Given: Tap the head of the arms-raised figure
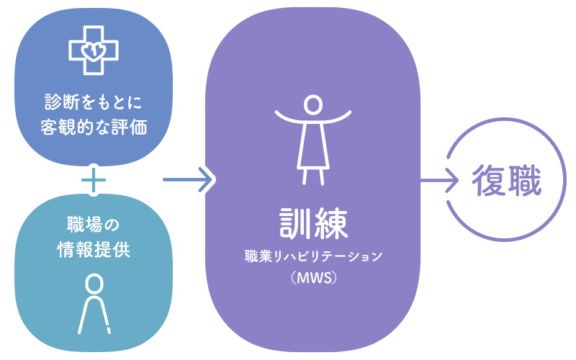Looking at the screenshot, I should click(x=312, y=104).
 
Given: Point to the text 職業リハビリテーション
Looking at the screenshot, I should click(x=312, y=256).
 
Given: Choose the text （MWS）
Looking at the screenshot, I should click(x=312, y=277).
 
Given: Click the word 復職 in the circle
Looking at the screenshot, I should click(x=506, y=179).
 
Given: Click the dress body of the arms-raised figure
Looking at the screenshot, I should click(x=312, y=144).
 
